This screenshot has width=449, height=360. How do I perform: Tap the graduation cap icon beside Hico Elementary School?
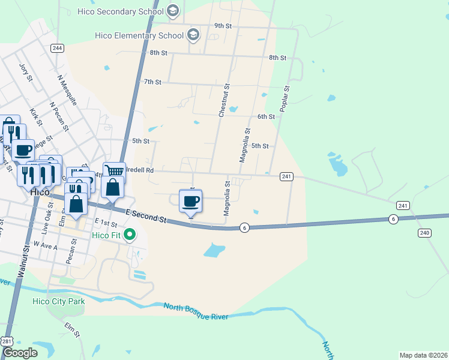[193, 35]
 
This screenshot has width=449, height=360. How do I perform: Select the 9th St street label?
[223, 26]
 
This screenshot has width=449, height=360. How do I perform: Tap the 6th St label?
[266, 116]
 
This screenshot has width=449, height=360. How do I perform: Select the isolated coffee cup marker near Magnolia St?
[191, 201]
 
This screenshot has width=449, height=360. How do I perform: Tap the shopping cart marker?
[113, 172]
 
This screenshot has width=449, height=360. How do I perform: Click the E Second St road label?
[146, 217]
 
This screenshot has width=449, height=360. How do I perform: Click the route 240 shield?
[424, 232]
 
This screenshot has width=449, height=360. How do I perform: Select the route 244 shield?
[58, 48]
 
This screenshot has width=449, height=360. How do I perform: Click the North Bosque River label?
[196, 311]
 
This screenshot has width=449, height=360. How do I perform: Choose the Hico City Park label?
[59, 301]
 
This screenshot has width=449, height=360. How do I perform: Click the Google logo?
[20, 353]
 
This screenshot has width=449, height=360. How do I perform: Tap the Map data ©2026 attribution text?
[423, 355]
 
